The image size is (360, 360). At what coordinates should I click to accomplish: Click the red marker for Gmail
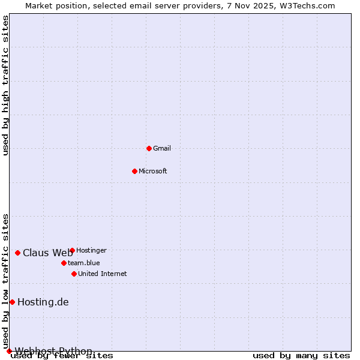(x=149, y=148)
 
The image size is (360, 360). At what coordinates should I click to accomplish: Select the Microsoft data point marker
(x=134, y=171)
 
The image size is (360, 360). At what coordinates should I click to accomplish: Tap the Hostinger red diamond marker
(x=72, y=250)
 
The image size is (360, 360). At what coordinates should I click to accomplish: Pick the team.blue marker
(x=64, y=263)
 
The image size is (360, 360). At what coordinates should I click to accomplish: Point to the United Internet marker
(x=74, y=274)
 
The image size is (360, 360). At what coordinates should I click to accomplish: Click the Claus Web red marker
(x=17, y=253)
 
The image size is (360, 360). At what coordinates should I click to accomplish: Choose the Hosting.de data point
(x=12, y=302)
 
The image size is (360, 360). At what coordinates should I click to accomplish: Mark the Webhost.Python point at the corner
(x=9, y=351)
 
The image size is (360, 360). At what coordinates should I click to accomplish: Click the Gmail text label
(x=162, y=148)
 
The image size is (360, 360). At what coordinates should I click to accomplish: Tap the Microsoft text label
(x=152, y=171)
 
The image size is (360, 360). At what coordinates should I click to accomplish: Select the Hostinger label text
(x=91, y=250)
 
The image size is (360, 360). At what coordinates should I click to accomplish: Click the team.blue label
(x=83, y=263)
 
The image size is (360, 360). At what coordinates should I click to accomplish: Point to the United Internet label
(x=102, y=274)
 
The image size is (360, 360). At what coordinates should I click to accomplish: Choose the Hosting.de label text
(x=43, y=302)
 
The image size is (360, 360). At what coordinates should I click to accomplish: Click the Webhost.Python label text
(x=53, y=351)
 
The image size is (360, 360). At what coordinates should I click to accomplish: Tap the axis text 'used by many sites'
(x=301, y=355)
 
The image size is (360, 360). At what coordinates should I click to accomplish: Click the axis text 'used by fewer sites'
(x=62, y=355)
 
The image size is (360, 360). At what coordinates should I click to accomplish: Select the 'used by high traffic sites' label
(x=5, y=85)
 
